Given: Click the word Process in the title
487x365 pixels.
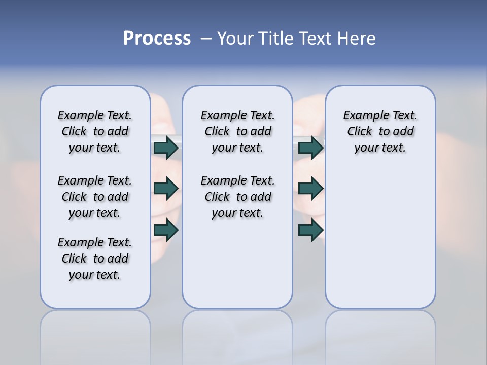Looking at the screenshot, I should pos(157,39).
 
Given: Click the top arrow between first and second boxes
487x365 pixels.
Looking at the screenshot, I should pos(166,148).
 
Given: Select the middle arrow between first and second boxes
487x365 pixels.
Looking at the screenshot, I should pos(166,189).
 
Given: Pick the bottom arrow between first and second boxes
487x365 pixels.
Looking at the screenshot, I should pos(166,230).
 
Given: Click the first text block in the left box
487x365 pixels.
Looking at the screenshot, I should pos(95,131).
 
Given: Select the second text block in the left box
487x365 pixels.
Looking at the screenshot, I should pos(95,197).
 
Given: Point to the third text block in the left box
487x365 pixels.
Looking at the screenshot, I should pos(95,259).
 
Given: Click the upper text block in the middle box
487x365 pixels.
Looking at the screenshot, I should pos(237,131).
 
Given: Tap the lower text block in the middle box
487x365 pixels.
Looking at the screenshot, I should pos(237,197).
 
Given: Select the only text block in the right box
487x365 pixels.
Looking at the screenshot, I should pos(380,131).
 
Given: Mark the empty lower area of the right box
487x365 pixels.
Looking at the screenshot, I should pos(380,238).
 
